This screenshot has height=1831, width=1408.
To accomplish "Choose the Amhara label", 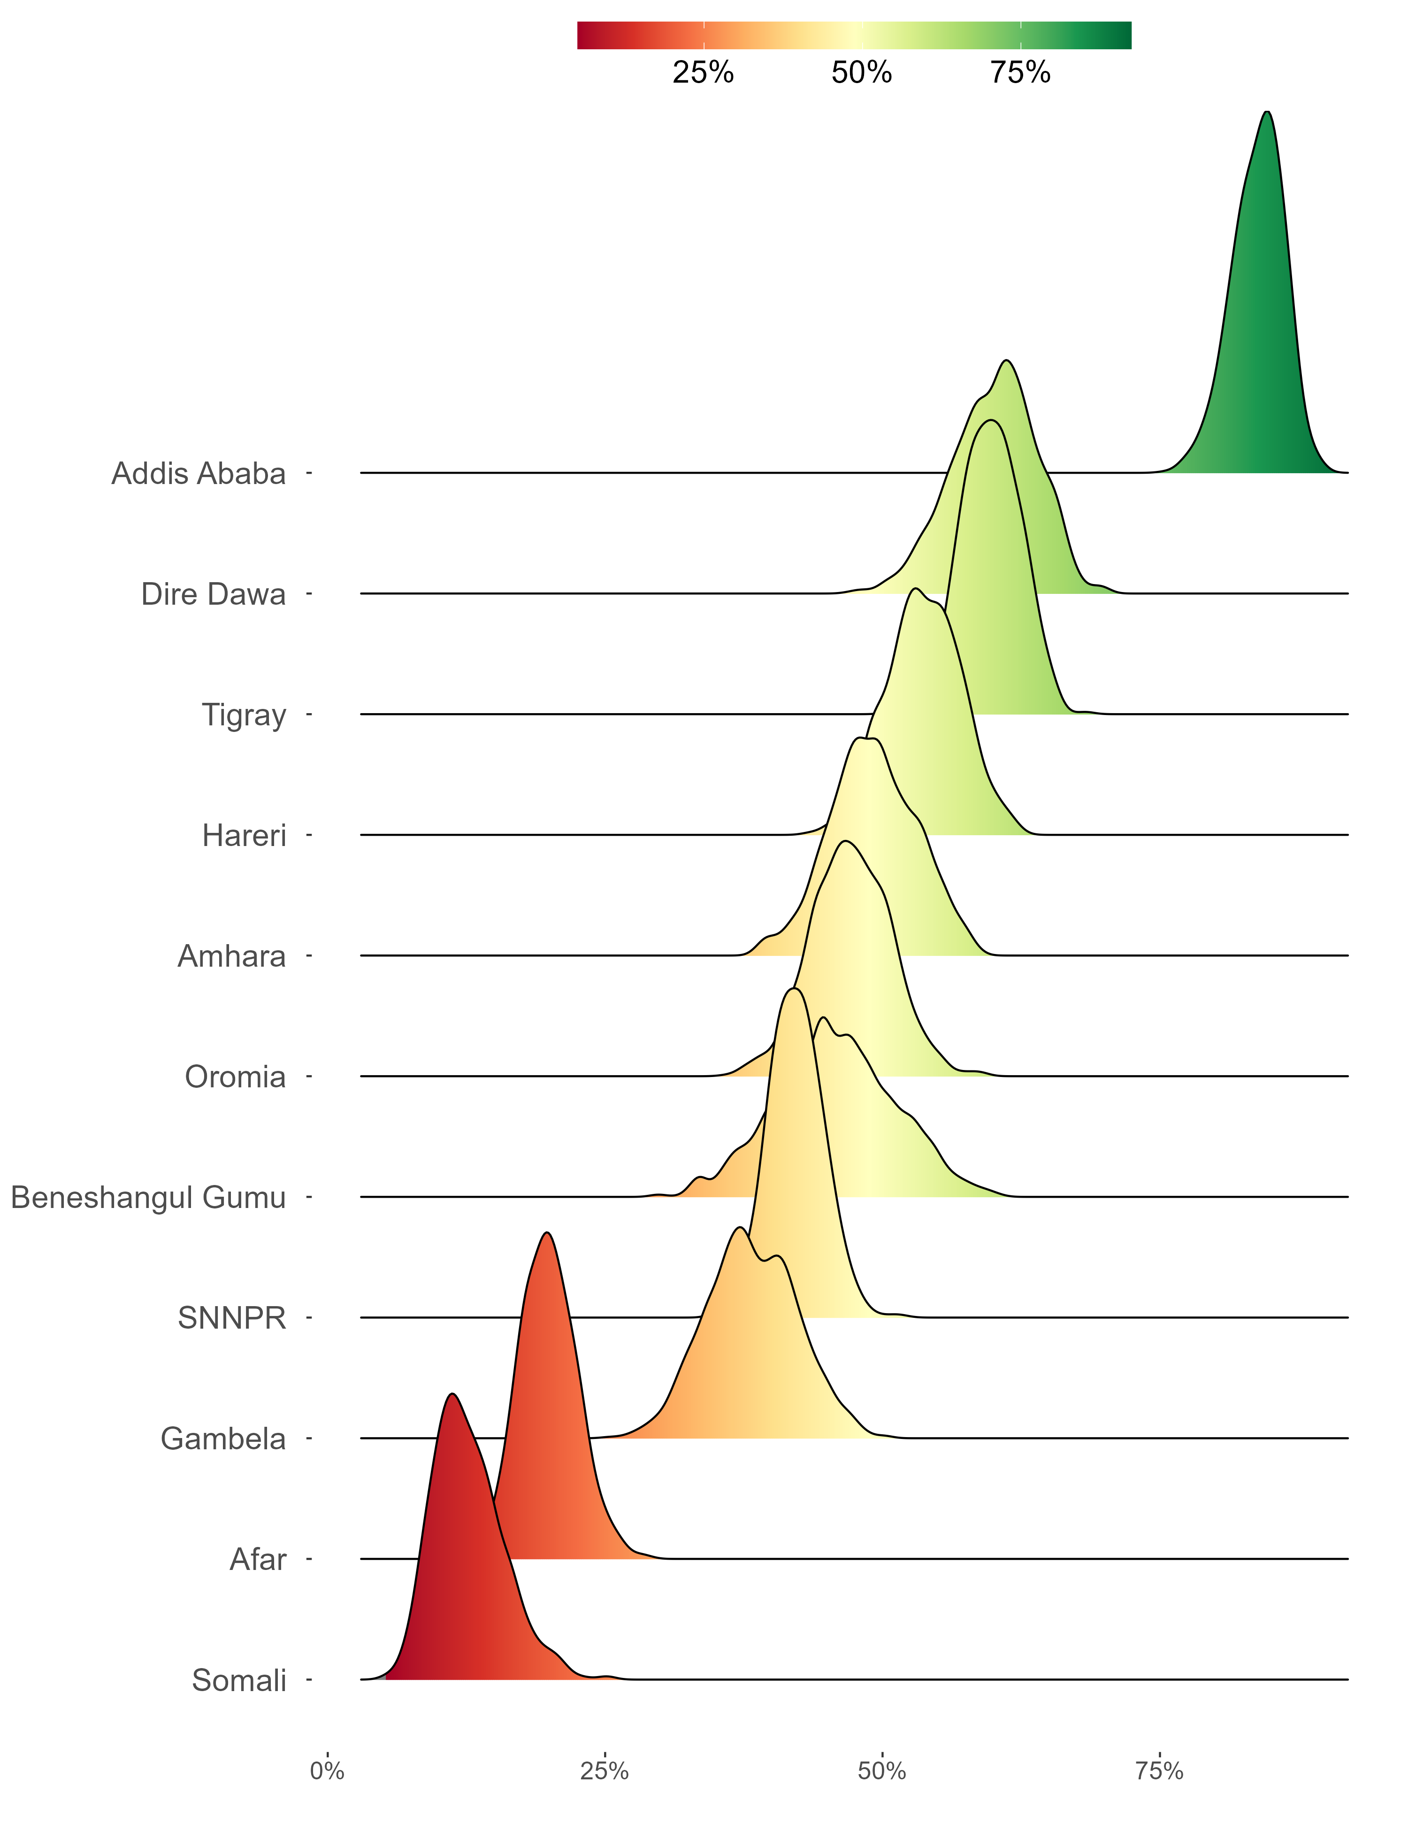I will coord(232,957).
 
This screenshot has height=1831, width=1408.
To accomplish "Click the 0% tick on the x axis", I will coord(327,1771).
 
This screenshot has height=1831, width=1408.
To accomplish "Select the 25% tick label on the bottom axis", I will coord(605,1771).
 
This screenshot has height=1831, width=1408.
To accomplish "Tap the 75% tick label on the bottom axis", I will coord(1159,1771).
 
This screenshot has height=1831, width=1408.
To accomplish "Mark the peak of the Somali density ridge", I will coord(452,1394).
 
